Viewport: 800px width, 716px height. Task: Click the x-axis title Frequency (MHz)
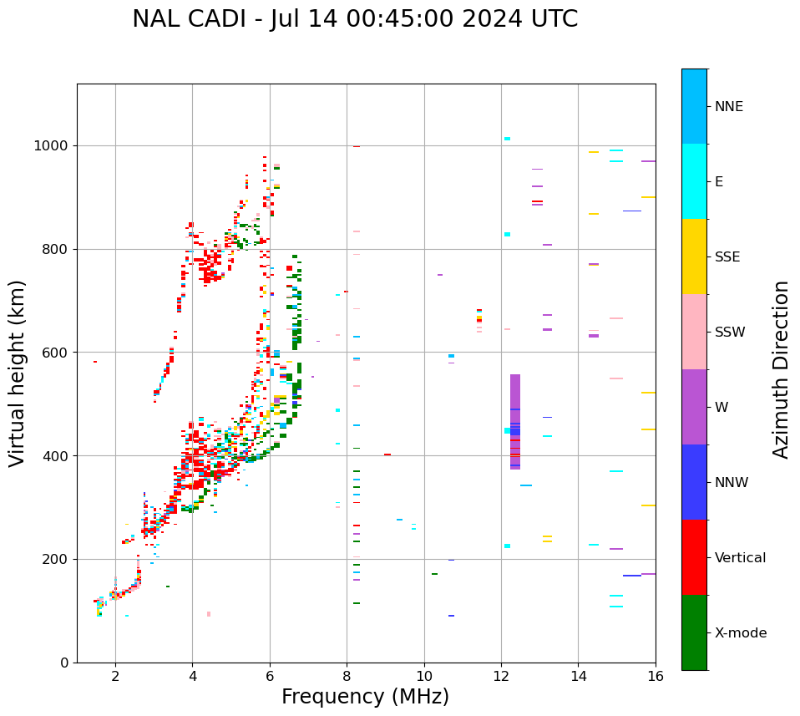[365, 697]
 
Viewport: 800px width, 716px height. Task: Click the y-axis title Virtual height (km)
[18, 373]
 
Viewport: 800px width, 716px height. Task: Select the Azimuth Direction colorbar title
[781, 369]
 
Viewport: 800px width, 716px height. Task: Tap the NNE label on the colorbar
[728, 107]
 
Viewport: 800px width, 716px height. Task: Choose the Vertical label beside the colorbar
[740, 558]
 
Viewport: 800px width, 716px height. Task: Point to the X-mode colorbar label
[740, 633]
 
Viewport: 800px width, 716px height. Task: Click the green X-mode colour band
[694, 632]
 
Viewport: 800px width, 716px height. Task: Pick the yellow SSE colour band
[694, 256]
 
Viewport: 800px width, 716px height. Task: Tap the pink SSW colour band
[694, 332]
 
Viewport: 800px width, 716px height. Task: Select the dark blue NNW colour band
[694, 482]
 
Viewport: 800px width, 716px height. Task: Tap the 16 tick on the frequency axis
[656, 676]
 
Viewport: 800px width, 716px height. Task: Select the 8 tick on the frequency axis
[347, 676]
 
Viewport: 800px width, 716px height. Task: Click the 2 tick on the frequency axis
[115, 676]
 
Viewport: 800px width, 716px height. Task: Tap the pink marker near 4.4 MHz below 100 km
[209, 614]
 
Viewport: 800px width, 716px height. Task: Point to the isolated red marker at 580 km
[95, 362]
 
